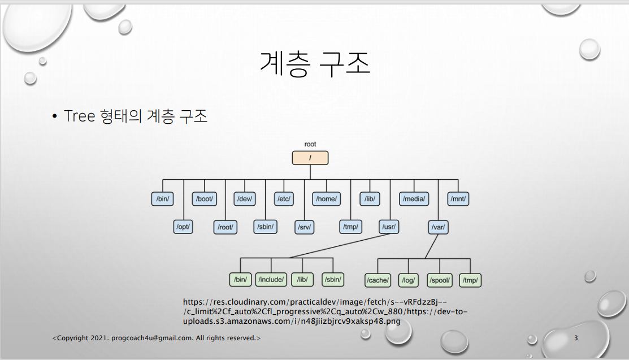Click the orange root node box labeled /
pyautogui.click(x=310, y=158)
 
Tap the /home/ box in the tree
pyautogui.click(x=327, y=199)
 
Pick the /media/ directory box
pyautogui.click(x=414, y=199)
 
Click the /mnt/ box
pyautogui.click(x=459, y=199)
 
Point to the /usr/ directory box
pyautogui.click(x=389, y=227)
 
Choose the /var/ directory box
pyautogui.click(x=439, y=227)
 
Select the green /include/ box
pyautogui.click(x=271, y=280)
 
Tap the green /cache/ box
pyautogui.click(x=378, y=280)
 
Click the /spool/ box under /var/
pyautogui.click(x=439, y=280)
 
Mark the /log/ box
pyautogui.click(x=408, y=280)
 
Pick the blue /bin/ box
pyautogui.click(x=162, y=199)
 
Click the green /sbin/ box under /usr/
pyautogui.click(x=333, y=280)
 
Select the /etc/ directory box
pyautogui.click(x=283, y=199)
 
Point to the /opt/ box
pyautogui.click(x=183, y=227)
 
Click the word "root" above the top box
pyautogui.click(x=310, y=145)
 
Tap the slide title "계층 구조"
pyautogui.click(x=315, y=64)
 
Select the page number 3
pyautogui.click(x=576, y=338)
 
